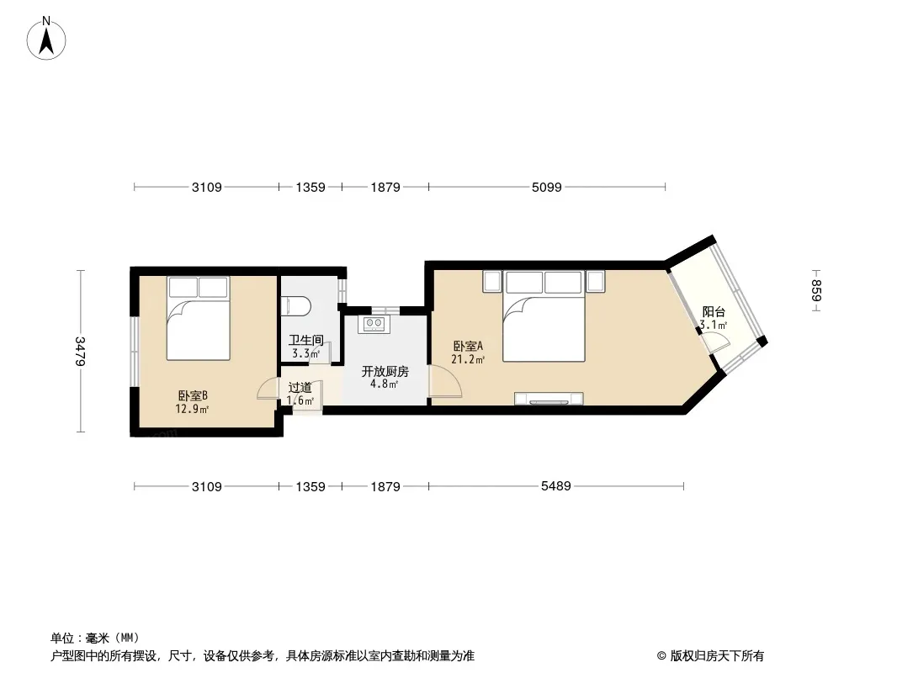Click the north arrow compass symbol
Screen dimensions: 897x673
(46, 39)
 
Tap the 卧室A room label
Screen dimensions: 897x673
(468, 346)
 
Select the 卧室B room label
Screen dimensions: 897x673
(192, 395)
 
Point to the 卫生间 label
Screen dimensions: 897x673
(306, 340)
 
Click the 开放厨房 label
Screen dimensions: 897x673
(385, 371)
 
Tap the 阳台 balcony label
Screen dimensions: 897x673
(714, 311)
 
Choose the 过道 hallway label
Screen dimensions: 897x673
(300, 388)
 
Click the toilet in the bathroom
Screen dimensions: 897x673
(295, 305)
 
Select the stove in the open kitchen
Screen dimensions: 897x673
(374, 324)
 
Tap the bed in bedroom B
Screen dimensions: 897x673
(199, 319)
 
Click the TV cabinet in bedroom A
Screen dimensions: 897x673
(549, 399)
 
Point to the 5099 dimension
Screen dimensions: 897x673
(546, 187)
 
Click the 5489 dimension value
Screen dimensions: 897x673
(556, 486)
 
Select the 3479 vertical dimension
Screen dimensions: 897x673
(80, 351)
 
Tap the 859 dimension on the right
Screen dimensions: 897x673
(816, 290)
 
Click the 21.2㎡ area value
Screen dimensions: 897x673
(468, 359)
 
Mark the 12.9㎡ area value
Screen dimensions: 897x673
(192, 409)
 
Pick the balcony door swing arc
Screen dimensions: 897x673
(716, 342)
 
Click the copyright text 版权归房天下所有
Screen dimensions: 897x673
(717, 656)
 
